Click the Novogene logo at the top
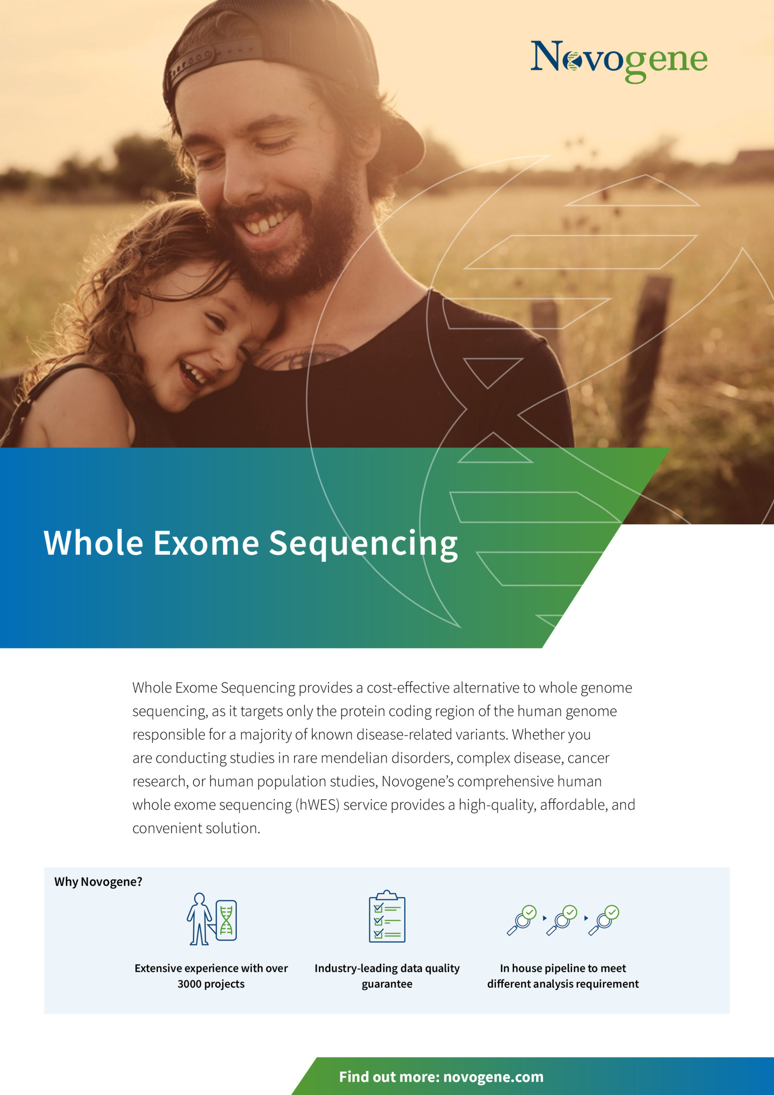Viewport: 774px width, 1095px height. [x=619, y=61]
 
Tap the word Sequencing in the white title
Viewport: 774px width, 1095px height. [x=363, y=545]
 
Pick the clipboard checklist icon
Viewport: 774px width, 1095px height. [x=387, y=916]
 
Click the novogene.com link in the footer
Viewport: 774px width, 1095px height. [x=493, y=1077]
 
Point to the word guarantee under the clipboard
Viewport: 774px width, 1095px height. [x=387, y=984]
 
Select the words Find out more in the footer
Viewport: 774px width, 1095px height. [x=389, y=1077]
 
